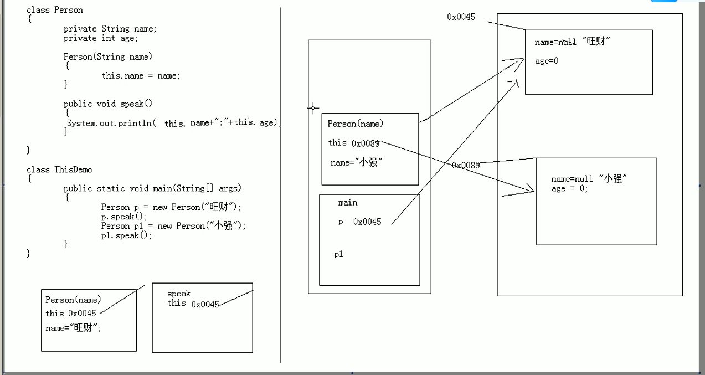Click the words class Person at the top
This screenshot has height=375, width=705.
coord(55,10)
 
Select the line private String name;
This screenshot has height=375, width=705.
coord(110,29)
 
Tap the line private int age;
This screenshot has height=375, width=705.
coord(101,38)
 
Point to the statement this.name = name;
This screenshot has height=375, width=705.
coord(141,76)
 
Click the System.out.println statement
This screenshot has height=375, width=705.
coord(172,123)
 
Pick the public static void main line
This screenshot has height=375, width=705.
coord(152,188)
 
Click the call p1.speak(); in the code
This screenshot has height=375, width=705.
coord(126,235)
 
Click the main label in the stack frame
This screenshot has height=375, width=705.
coord(348,203)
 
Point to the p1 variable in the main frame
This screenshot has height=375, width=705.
coord(338,254)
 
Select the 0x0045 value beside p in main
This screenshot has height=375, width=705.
coord(367,222)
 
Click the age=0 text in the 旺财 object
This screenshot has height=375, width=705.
coord(547,61)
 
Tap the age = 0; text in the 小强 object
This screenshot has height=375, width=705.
coord(569,188)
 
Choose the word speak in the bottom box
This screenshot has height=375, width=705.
coord(179,294)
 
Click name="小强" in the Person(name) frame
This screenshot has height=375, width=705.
coord(357,162)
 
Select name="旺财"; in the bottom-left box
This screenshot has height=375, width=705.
coord(73,328)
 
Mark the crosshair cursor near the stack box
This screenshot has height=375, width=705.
coord(313,107)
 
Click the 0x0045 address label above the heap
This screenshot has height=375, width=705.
coord(461,17)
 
